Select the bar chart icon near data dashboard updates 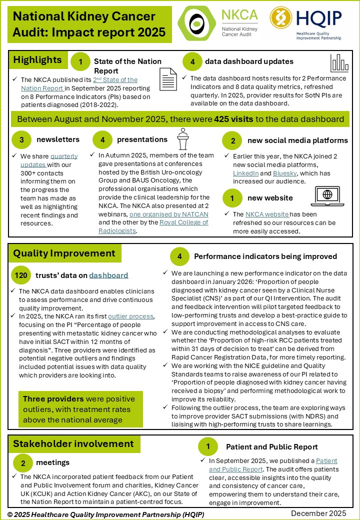(339, 62)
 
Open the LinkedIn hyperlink (246, 172)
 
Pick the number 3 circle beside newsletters (21, 140)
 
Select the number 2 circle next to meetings (23, 462)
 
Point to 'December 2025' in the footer (318, 513)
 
